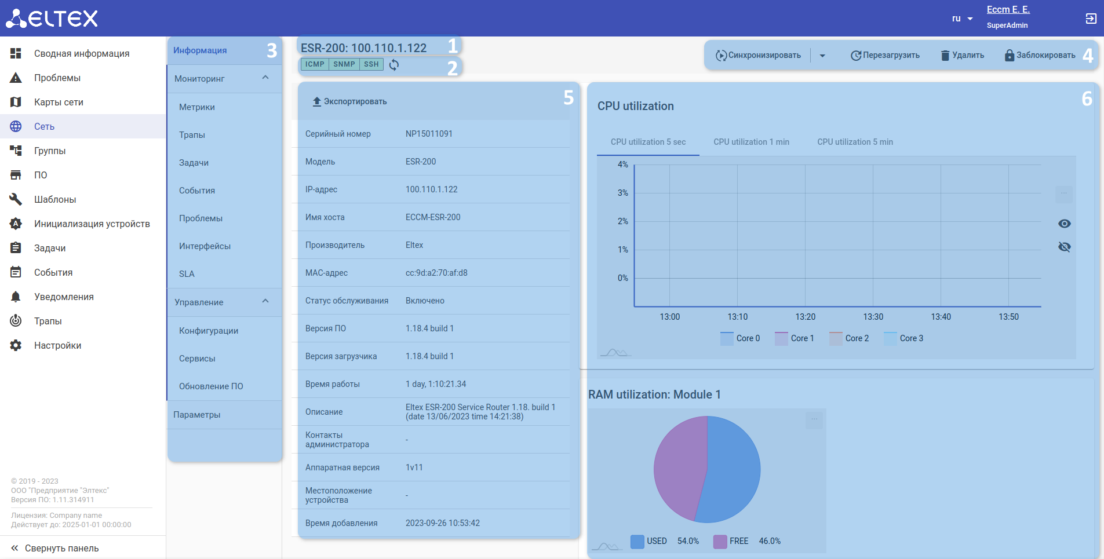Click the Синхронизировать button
(x=759, y=56)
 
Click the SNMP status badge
(x=344, y=64)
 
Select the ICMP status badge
(x=315, y=64)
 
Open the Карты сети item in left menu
(x=59, y=103)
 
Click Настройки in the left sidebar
(x=57, y=346)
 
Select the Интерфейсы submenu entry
(x=205, y=246)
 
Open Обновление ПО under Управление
(x=211, y=386)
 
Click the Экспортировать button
(x=349, y=102)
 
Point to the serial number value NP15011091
(x=429, y=134)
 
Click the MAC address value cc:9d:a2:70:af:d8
(x=436, y=273)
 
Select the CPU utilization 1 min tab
(x=751, y=142)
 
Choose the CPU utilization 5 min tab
(x=855, y=142)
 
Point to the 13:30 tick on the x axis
(x=873, y=317)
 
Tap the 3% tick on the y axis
(x=622, y=193)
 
